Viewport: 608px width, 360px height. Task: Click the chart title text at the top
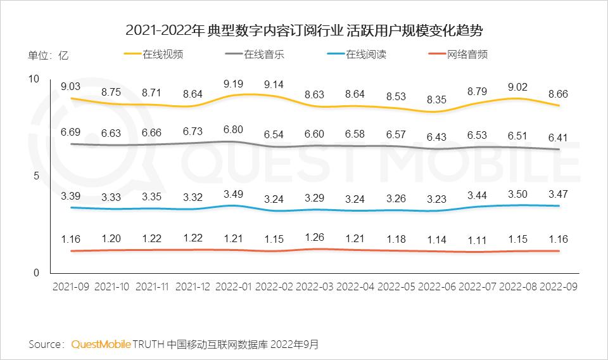point(304,30)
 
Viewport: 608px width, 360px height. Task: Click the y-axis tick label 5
point(37,176)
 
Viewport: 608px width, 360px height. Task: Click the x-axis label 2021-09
point(70,286)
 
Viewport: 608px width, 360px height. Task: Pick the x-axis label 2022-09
point(558,286)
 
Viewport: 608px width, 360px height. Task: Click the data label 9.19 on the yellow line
point(234,83)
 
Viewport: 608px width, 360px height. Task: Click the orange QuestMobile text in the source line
point(101,344)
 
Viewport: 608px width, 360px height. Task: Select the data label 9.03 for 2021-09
point(71,86)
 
